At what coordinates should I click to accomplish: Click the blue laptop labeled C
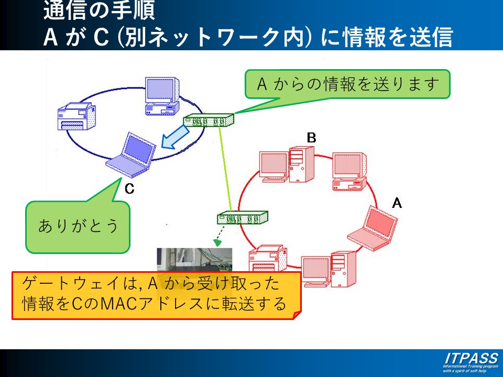(132, 157)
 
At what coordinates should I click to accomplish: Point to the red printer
(267, 259)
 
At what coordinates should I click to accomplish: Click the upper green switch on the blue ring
(208, 121)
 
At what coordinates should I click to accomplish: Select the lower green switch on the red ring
(242, 217)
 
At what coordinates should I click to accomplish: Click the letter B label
(311, 138)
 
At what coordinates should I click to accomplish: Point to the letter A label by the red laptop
(397, 203)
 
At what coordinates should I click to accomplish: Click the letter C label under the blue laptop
(129, 189)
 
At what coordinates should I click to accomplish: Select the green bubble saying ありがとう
(78, 226)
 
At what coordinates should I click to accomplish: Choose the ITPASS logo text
(471, 359)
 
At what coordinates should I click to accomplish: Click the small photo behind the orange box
(194, 260)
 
